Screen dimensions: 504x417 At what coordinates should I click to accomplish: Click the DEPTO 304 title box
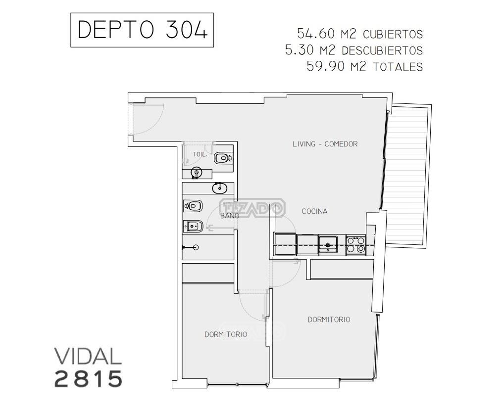(142, 30)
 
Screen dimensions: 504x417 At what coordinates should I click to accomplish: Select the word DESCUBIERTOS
(382, 50)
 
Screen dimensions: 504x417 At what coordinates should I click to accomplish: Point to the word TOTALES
(398, 67)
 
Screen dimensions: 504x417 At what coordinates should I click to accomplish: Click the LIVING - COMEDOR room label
(325, 144)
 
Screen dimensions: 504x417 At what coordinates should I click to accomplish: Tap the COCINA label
(314, 211)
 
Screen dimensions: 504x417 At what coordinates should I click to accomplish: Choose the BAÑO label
(230, 215)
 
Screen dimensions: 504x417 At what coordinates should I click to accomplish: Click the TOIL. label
(200, 154)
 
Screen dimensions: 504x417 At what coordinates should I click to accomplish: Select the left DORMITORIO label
(226, 334)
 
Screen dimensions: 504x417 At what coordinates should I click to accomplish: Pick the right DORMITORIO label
(329, 320)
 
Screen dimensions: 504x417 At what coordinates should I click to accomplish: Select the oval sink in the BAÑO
(219, 188)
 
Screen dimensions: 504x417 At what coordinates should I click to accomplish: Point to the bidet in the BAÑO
(193, 227)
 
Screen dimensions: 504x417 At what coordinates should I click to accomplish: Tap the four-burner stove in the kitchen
(356, 245)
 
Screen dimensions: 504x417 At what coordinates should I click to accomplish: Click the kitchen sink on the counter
(328, 245)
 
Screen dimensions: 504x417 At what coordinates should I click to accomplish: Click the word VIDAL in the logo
(88, 356)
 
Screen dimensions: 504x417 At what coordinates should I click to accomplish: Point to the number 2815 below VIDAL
(89, 379)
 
